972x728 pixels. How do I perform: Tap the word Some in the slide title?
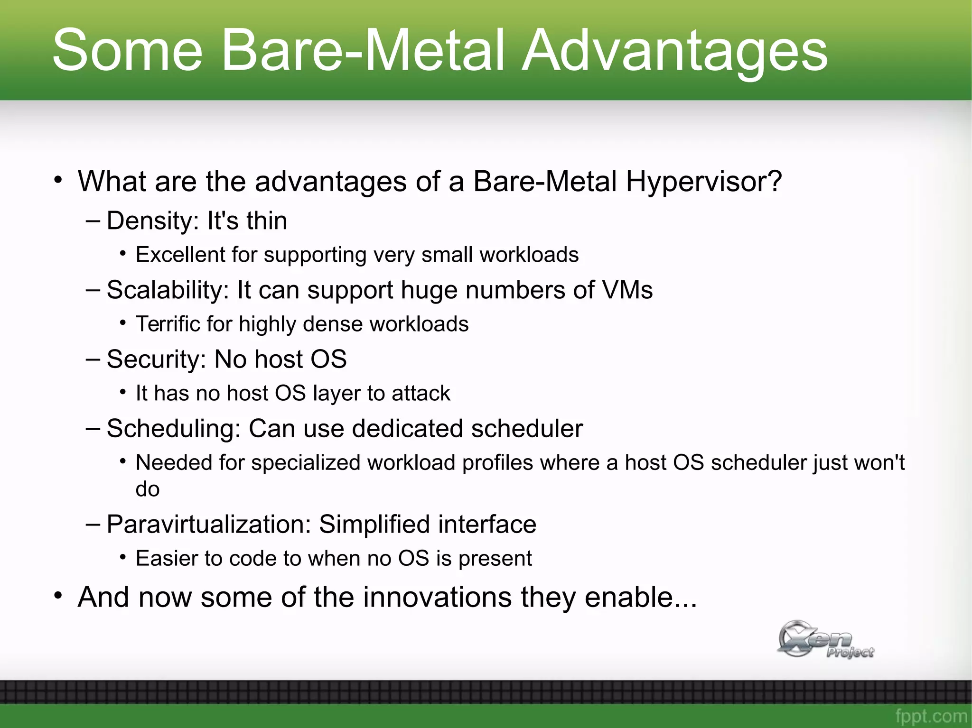coord(127,50)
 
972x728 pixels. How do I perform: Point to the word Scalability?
coord(168,290)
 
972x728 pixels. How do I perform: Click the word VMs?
coord(627,290)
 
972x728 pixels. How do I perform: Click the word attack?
coord(421,393)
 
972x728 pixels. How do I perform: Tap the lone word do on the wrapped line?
coord(147,489)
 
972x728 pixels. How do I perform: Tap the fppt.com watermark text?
coord(931,716)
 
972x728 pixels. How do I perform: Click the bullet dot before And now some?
coord(58,596)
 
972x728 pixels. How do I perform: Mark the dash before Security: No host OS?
coord(93,359)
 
